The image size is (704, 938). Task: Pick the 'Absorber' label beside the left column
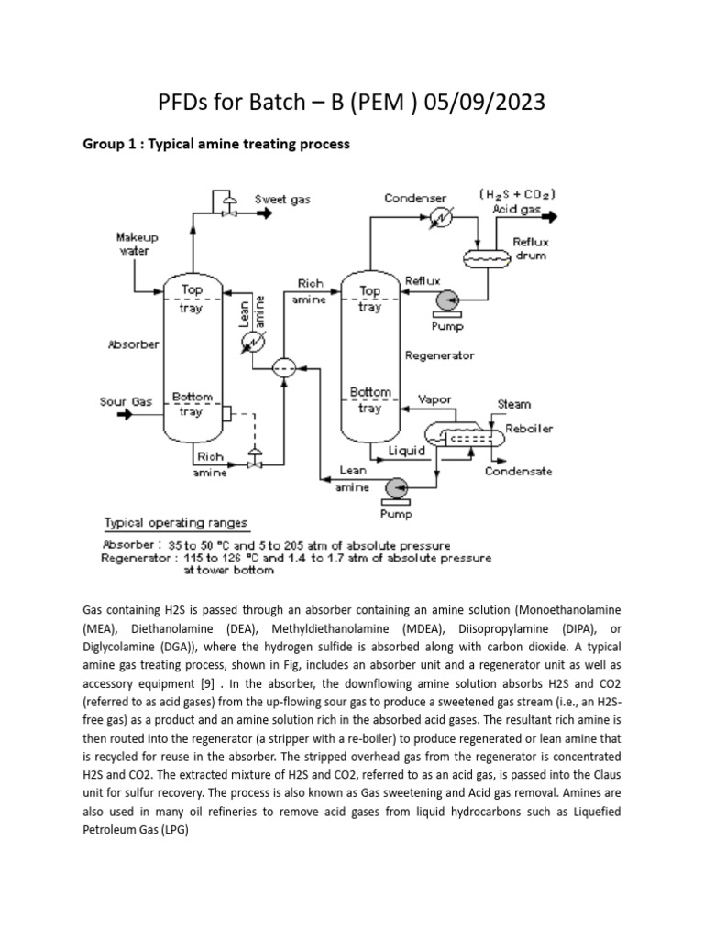pos(135,345)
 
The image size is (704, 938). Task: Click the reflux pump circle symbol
pos(450,300)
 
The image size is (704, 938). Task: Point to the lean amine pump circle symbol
pos(397,486)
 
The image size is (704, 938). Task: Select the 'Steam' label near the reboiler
pos(513,403)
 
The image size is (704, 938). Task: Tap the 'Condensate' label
pos(518,472)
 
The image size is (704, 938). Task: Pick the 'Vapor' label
pos(434,399)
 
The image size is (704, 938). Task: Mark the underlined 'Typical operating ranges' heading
pos(175,524)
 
